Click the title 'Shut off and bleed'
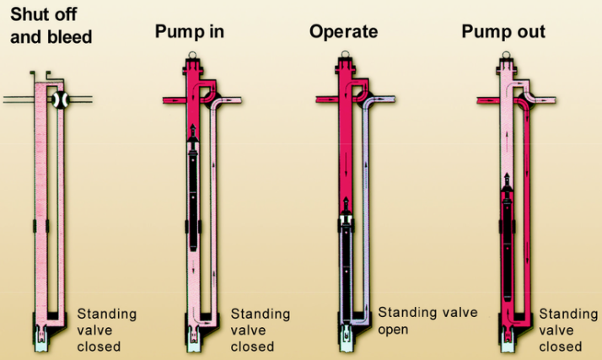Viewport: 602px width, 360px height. [x=51, y=26]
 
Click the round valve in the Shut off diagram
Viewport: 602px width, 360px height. [x=59, y=99]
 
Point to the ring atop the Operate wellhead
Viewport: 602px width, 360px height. [x=347, y=57]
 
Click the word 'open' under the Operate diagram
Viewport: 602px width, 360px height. [x=393, y=329]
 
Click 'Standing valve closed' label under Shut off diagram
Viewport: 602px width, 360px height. [x=105, y=330]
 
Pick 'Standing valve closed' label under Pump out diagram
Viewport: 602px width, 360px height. [x=569, y=330]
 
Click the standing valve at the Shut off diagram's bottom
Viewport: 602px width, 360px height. [x=40, y=335]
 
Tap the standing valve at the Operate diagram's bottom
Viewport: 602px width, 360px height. [x=347, y=336]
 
